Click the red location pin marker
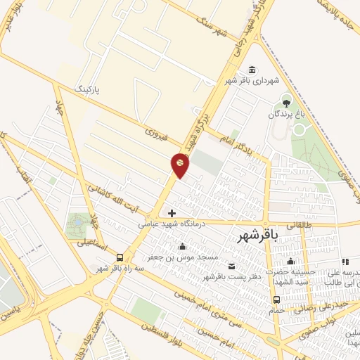(180, 165)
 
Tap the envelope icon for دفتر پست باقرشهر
(232, 266)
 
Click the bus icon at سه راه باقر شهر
(120, 257)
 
